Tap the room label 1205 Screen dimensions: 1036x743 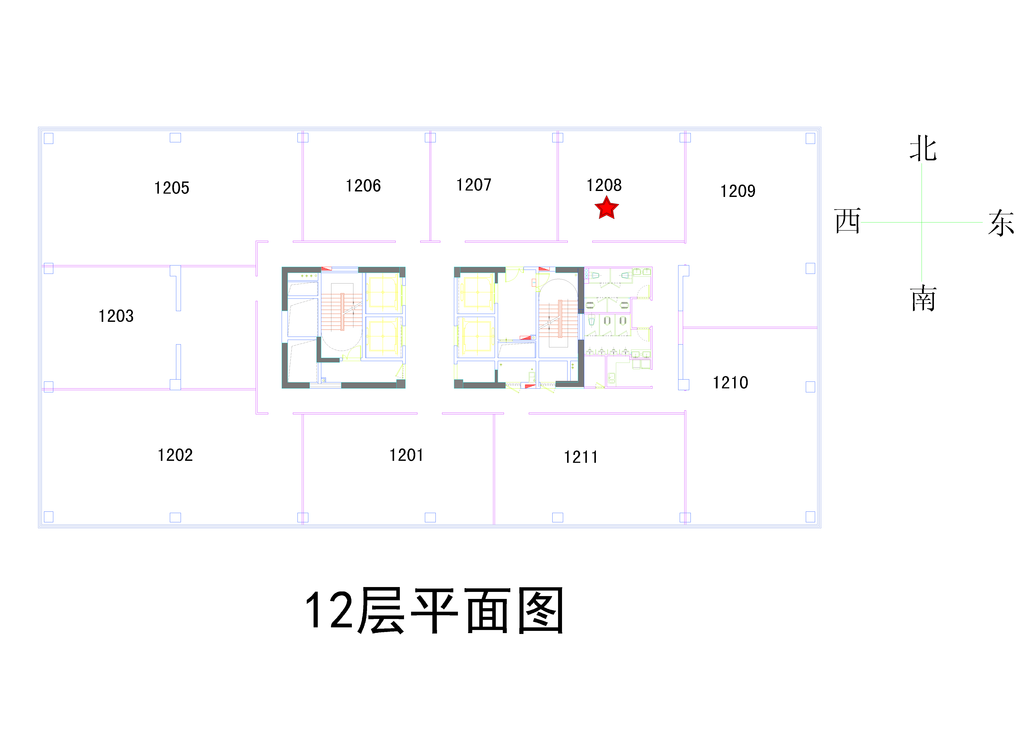click(172, 188)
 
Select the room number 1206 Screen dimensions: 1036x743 click(363, 186)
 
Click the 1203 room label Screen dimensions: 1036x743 click(116, 316)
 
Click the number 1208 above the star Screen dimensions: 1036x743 click(604, 185)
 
